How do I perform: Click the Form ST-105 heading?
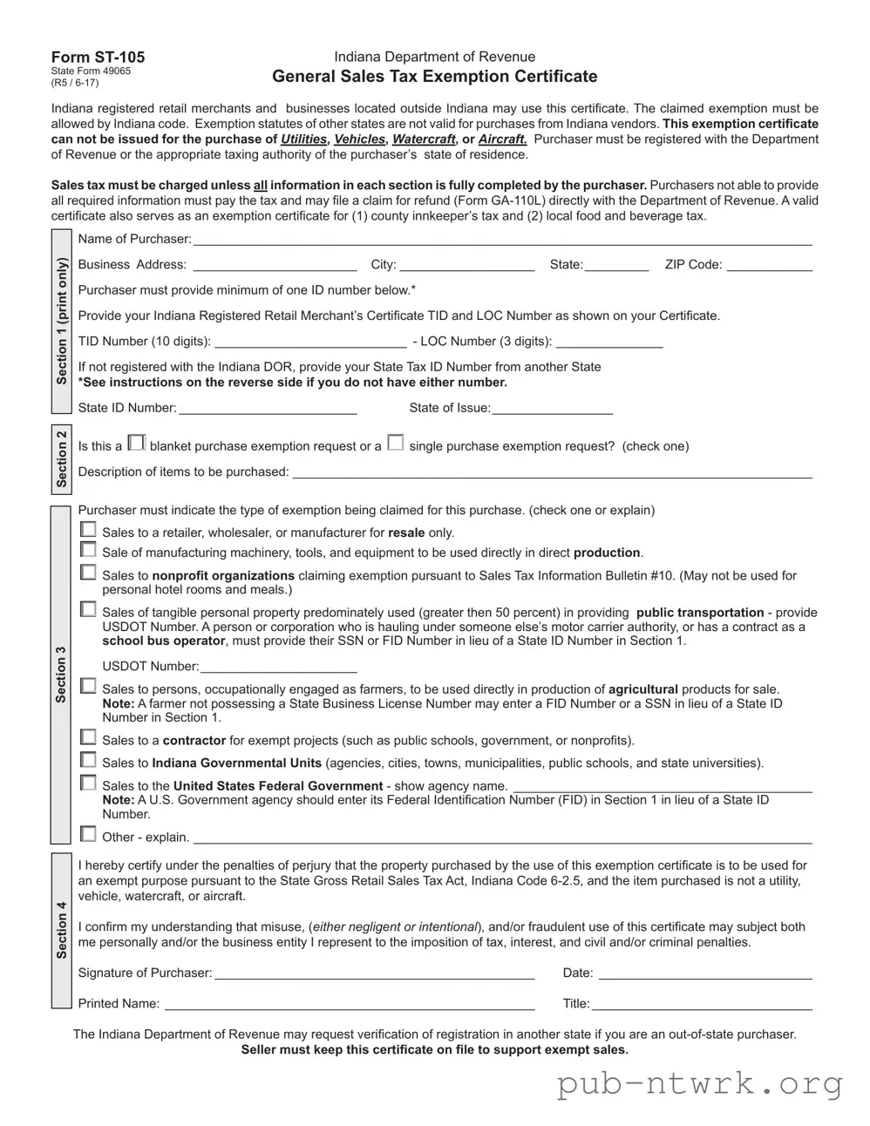98,58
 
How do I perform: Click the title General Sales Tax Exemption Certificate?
434,77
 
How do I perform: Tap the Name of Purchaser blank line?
502,240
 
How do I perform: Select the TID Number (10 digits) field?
310,342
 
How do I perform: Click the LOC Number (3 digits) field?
608,342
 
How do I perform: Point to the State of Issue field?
552,408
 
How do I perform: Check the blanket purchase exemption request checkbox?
136,444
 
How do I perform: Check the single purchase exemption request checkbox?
396,444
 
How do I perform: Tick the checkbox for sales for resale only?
88,530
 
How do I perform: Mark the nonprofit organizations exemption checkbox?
88,573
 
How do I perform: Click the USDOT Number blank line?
278,667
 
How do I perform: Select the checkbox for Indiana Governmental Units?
88,760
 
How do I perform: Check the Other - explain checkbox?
88,834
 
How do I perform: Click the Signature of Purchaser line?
374,973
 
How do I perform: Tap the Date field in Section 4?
704,973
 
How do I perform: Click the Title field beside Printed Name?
701,1004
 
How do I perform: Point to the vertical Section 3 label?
61,675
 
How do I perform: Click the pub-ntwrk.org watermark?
700,1084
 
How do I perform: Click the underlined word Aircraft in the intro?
503,139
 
